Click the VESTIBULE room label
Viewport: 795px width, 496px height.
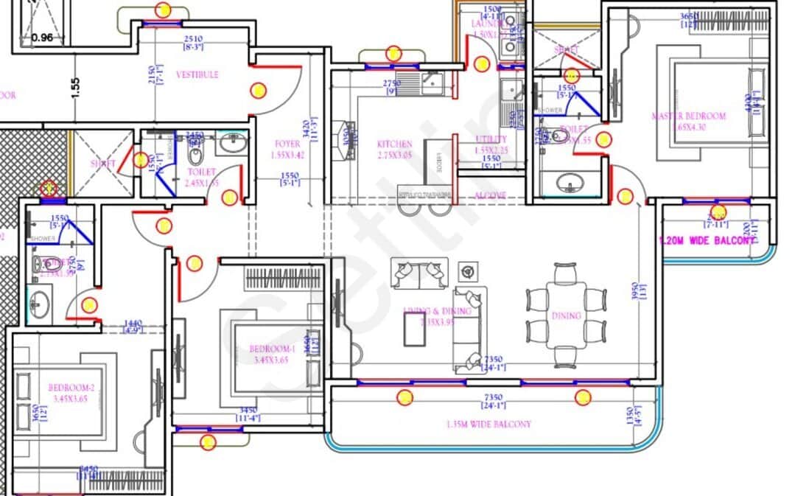(x=197, y=74)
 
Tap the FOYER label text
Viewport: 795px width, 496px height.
(x=287, y=144)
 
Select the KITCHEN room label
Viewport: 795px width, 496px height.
(x=394, y=144)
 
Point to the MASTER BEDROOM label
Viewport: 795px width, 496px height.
(x=688, y=116)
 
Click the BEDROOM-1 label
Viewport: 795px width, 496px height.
(x=272, y=349)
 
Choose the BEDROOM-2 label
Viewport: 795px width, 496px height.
(x=71, y=388)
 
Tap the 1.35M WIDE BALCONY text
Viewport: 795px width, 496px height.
(x=488, y=425)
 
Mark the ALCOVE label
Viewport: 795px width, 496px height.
(x=490, y=195)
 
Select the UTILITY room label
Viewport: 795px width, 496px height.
(x=491, y=139)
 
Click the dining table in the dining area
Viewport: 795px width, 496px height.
(x=566, y=315)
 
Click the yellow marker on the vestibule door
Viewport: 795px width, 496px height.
(x=258, y=91)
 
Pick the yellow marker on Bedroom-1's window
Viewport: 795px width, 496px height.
(x=208, y=442)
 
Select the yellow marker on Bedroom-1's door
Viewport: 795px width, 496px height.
(x=195, y=263)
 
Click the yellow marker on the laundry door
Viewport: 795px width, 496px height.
(x=481, y=64)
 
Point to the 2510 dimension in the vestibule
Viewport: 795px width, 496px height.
(x=193, y=39)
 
